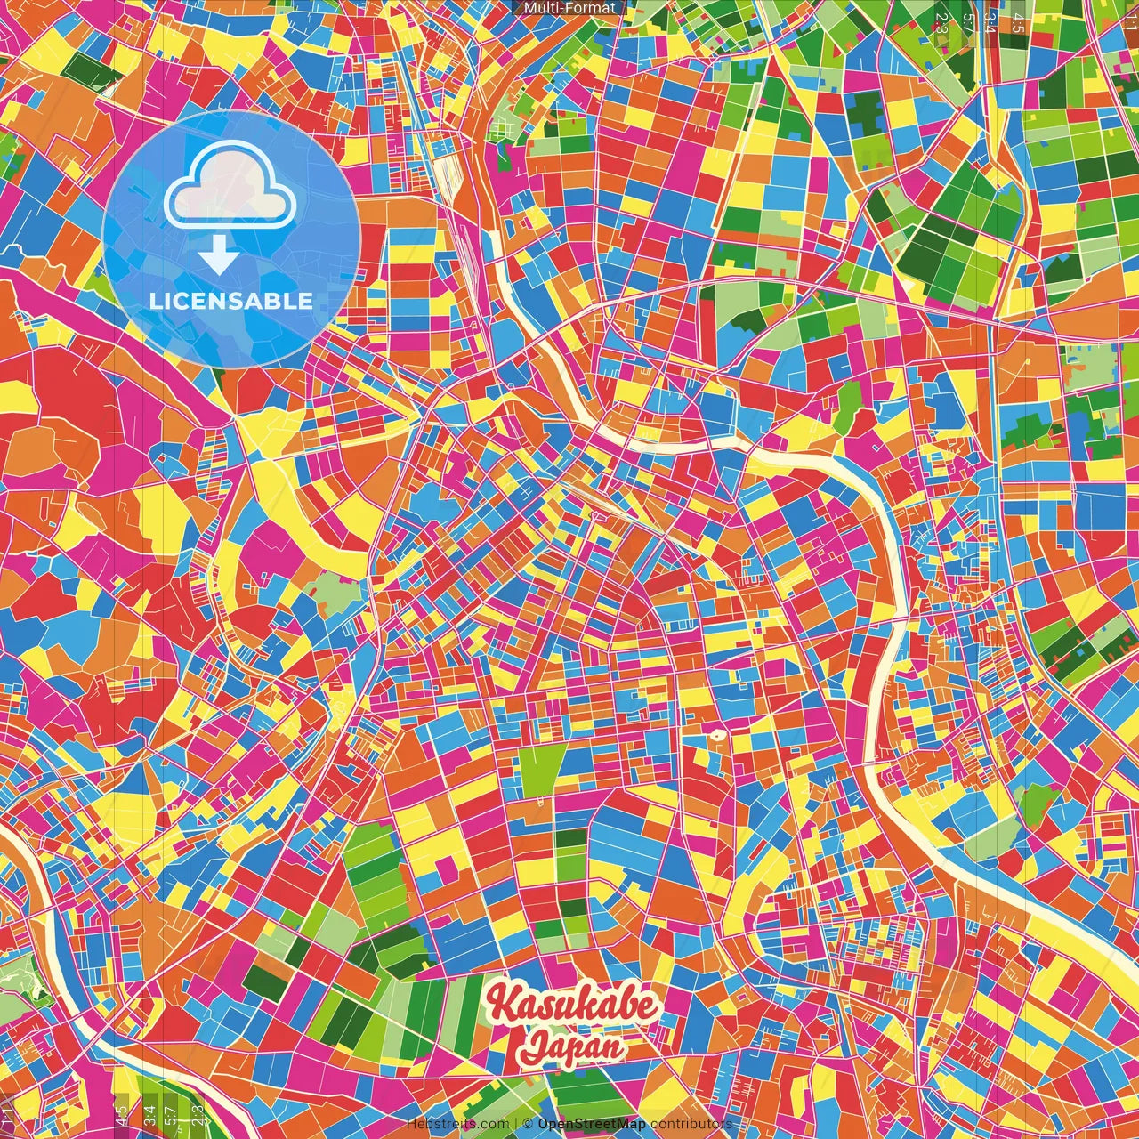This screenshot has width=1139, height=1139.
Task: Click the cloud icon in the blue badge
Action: pos(230,185)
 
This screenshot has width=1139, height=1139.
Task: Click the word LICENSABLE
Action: pos(231,301)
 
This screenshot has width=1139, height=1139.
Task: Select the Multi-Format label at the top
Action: pos(569,8)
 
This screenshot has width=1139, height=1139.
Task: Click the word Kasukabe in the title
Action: pos(574,1006)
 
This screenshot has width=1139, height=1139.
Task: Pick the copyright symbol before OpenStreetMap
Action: pos(527,1124)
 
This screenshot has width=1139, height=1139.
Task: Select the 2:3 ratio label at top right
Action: pos(941,23)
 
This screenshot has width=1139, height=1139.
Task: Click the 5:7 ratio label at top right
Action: pos(967,23)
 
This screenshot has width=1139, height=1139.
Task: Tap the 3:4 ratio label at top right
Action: pos(990,23)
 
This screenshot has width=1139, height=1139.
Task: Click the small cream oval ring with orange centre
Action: pos(715,735)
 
